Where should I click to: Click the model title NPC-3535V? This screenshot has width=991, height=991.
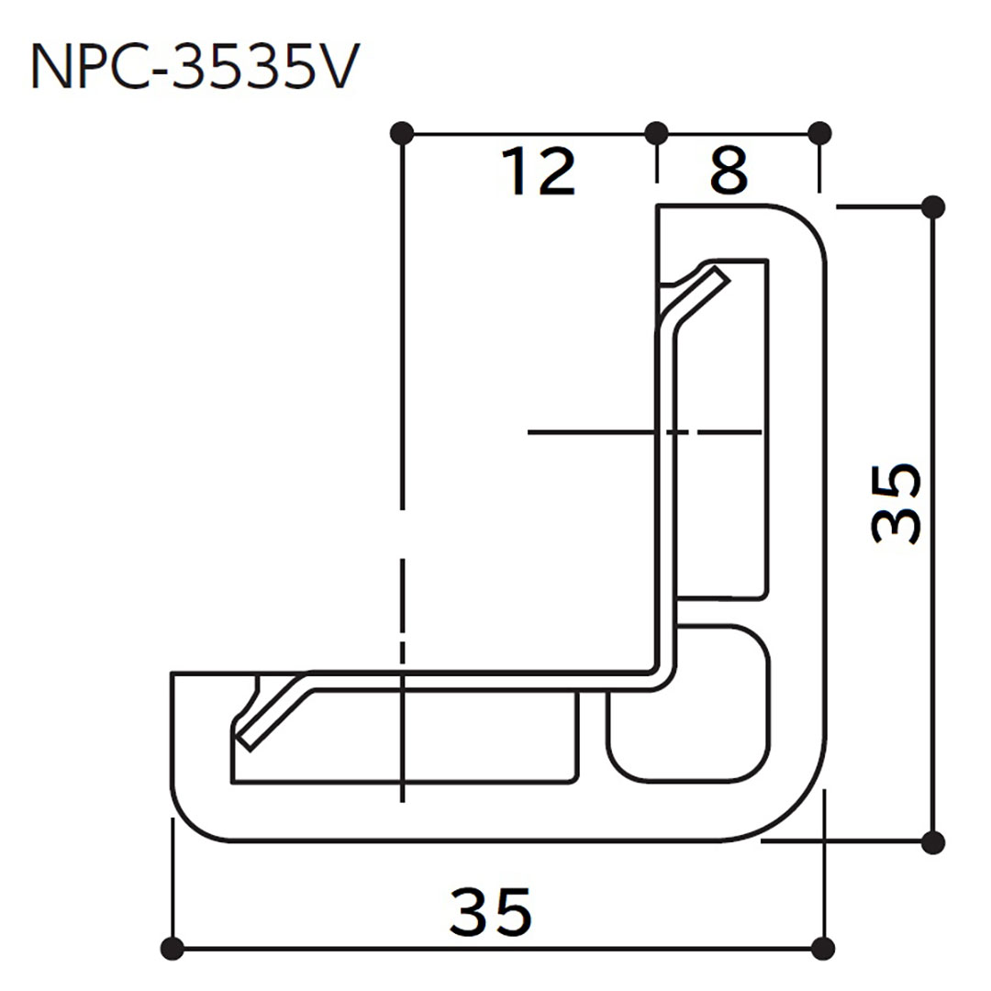[x=191, y=68]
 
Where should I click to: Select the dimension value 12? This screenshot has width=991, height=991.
[x=539, y=172]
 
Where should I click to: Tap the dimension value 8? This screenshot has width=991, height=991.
[x=729, y=172]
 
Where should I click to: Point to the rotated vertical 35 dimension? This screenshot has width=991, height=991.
[x=895, y=504]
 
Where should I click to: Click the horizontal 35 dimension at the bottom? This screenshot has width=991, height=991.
[x=491, y=911]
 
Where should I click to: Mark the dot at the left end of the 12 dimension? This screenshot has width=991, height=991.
[x=401, y=133]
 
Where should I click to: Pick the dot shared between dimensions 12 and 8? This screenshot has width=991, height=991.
[x=656, y=133]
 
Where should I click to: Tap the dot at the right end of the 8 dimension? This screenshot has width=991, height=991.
[x=820, y=133]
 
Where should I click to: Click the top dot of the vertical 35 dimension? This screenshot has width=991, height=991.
[x=932, y=207]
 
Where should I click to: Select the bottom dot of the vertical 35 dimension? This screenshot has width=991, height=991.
[x=932, y=840]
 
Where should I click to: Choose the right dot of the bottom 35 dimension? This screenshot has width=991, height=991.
[x=823, y=947]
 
